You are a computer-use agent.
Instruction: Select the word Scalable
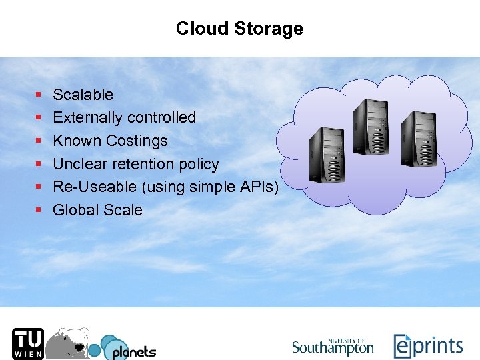point(83,95)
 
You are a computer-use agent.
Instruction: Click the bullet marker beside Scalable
point(39,95)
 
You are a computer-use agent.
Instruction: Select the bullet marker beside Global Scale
point(39,211)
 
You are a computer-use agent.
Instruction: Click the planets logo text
point(133,351)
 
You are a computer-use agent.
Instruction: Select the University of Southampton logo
point(333,346)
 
